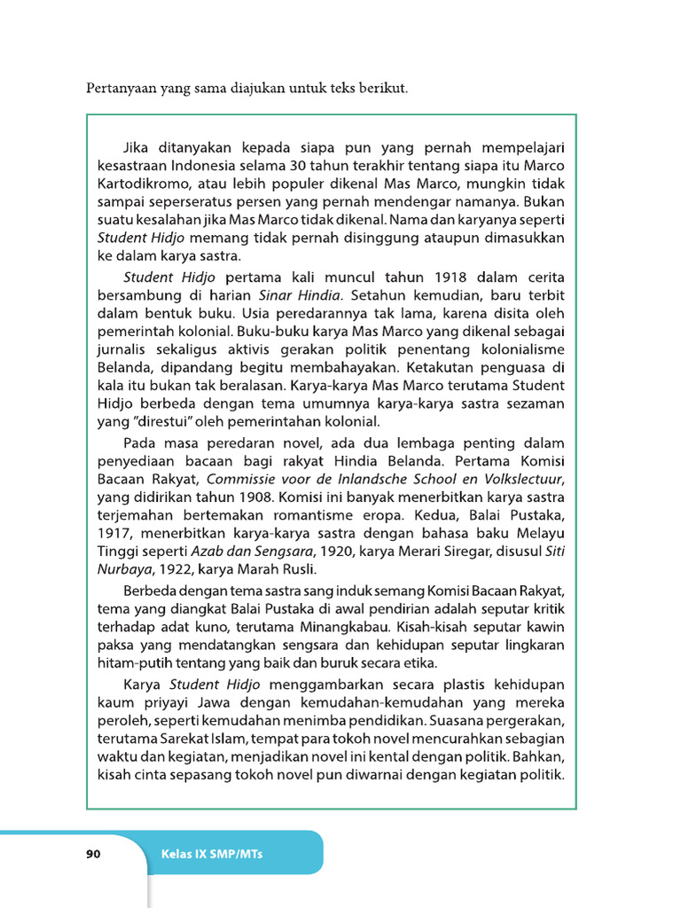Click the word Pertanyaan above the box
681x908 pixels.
(121, 89)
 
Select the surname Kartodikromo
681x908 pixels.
(143, 184)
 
